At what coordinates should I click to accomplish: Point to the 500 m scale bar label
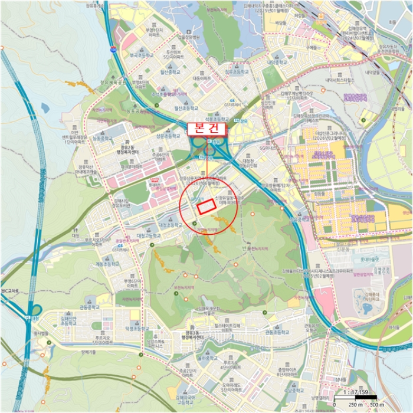[x=373, y=405]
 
